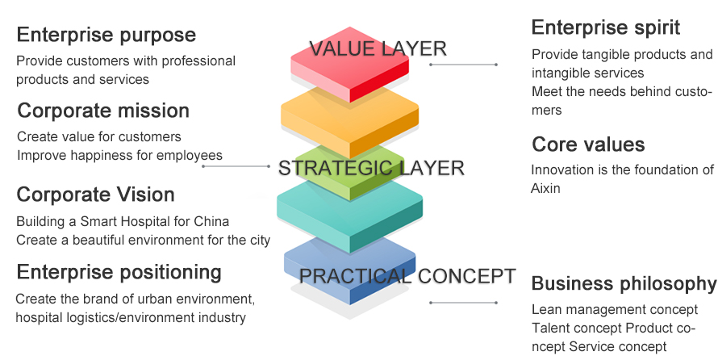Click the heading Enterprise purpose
106,35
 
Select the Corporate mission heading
103,111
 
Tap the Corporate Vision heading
95,195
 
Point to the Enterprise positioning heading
119,271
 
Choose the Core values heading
588,144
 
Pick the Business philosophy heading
624,283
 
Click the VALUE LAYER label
378,48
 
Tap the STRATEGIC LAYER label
371,168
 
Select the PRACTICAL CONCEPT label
407,276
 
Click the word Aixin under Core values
545,188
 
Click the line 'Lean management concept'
614,310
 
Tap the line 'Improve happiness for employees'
119,155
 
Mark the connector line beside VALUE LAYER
464,64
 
